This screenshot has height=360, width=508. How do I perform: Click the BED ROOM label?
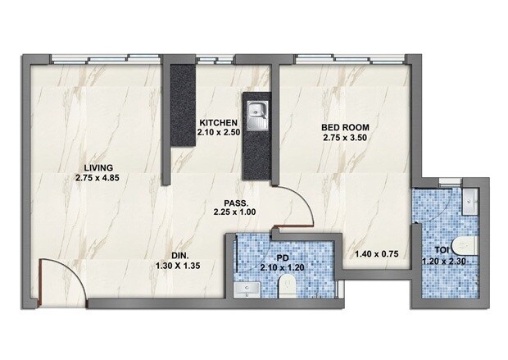click(x=344, y=127)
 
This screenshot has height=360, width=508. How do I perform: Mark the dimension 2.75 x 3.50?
click(x=344, y=138)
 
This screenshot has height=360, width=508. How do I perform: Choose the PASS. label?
click(x=237, y=202)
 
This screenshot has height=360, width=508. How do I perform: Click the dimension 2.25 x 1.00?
click(x=237, y=212)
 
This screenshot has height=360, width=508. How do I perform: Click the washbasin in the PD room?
click(x=246, y=289)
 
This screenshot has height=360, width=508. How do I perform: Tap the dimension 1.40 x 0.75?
click(x=376, y=255)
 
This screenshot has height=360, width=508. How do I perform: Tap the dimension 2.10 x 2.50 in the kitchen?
click(x=219, y=134)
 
